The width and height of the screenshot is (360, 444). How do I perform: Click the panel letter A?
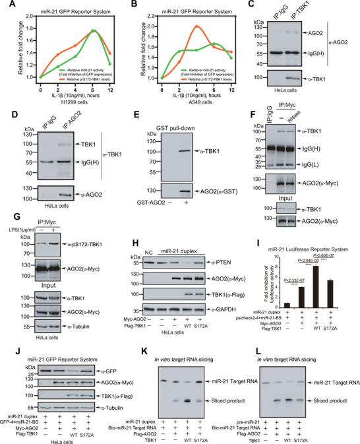(7, 5)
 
